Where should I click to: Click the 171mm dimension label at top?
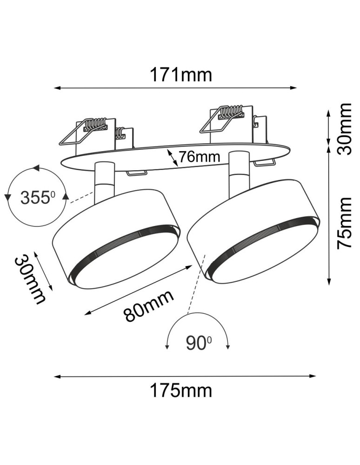coord(180,74)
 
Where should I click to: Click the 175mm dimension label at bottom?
coord(180,391)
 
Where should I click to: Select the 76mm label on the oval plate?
coord(199,157)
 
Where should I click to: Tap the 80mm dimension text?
coord(149,305)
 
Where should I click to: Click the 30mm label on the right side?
coord(345,129)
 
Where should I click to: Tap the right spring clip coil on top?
coord(232,112)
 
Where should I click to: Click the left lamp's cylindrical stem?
coord(103,184)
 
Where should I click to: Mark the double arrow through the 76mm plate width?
coord(173,158)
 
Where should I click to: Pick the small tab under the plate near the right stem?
coord(264,163)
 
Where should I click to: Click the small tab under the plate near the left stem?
coord(136,173)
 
